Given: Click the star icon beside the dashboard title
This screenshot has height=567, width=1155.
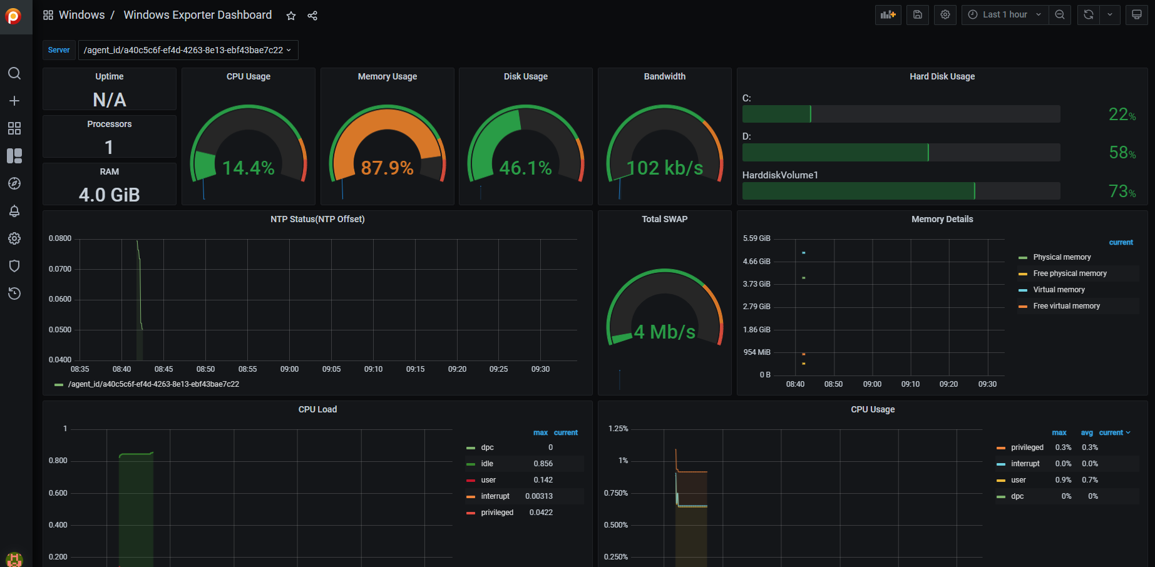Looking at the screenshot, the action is pos(291,16).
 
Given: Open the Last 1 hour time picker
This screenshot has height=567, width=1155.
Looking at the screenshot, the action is pos(1005,14).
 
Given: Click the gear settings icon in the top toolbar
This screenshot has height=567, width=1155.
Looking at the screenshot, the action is pos(945,14).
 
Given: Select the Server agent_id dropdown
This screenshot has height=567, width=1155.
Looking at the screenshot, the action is pos(188,50).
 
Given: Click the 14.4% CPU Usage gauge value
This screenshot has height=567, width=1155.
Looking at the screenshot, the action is pos(249,168).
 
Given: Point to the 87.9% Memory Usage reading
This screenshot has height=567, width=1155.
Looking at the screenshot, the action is pos(388,168).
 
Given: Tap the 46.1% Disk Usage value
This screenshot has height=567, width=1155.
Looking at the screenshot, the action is pos(526,168).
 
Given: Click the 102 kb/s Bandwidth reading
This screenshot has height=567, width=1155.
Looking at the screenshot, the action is pos(665,168).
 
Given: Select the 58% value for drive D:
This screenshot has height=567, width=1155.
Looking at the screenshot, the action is pos(1122,153).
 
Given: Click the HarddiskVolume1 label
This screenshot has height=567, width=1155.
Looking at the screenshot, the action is pos(780,175).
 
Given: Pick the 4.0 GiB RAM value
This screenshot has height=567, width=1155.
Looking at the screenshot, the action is pos(110,195).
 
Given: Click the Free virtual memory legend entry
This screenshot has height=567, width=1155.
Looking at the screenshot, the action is pos(1066,306).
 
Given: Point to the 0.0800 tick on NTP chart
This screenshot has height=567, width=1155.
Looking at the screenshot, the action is pos(60,238).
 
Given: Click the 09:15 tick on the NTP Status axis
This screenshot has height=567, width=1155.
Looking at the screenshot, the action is pos(415,369).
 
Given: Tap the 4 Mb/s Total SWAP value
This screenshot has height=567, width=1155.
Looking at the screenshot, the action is pos(665,332).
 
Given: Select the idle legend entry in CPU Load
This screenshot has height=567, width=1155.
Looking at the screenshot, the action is pos(487,464).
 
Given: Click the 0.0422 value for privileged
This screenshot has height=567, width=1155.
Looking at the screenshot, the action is pos(541,513).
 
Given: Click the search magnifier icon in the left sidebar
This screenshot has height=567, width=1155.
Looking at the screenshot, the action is pos(14,73).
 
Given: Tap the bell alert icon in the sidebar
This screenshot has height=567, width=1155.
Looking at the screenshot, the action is pos(14,211).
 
